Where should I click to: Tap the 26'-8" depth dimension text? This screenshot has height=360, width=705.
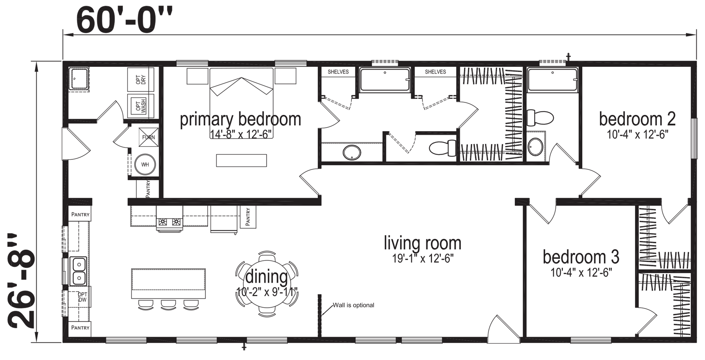22,280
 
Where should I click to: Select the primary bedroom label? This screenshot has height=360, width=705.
240,119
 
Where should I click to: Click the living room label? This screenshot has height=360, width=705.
422,243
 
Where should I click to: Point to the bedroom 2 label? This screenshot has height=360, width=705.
637,119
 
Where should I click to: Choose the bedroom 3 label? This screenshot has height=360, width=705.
581,257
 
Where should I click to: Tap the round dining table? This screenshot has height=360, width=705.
267,284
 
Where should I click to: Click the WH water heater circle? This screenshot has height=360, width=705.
145,165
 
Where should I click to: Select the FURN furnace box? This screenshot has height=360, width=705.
148,137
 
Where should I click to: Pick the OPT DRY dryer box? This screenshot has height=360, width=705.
141,80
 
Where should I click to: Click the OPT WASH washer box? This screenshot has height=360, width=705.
141,106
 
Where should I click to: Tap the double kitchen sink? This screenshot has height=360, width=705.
78,271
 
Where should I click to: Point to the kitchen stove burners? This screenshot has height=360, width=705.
170,222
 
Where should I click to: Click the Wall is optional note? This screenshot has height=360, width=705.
354,305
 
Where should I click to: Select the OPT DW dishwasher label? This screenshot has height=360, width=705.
82,297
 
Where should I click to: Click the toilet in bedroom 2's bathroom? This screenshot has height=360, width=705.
540,118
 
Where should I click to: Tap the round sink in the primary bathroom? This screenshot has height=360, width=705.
352,153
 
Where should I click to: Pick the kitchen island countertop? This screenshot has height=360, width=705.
168,284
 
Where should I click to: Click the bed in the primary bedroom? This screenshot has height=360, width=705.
241,103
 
